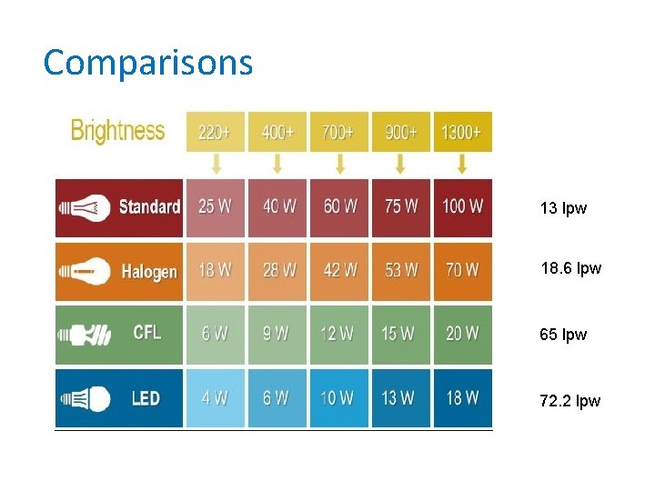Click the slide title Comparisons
point(147,63)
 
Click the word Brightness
point(118,131)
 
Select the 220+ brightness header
point(215,133)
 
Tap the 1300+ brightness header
point(462,133)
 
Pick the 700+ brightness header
point(338,133)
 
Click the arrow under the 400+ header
point(277,164)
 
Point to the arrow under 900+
point(400,164)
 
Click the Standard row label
point(149,207)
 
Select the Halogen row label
point(149,271)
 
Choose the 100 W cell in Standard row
point(462,206)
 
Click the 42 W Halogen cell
point(339,270)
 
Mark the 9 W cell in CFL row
point(277,334)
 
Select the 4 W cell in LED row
point(215,397)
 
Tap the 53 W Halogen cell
point(400,270)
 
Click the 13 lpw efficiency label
point(563,208)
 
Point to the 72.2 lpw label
point(569,401)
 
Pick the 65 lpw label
point(563,335)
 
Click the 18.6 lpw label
point(569,269)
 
